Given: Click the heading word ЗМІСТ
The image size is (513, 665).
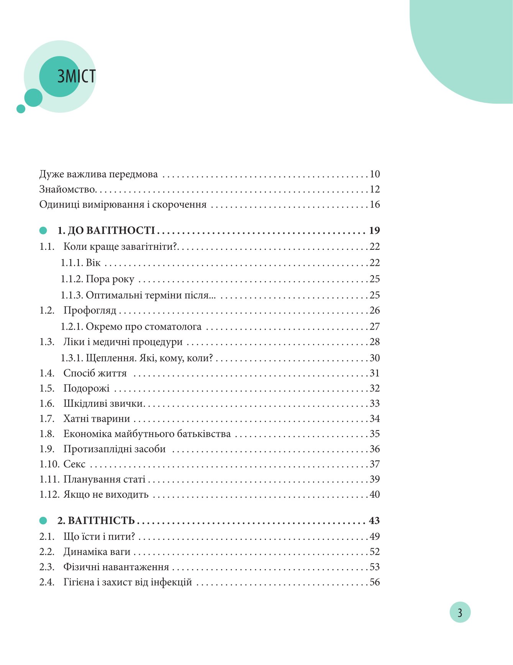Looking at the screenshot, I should point(76,76).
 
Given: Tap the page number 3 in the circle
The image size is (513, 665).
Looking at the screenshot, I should point(460,612).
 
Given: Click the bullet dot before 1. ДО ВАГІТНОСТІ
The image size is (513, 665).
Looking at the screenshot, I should point(43,231).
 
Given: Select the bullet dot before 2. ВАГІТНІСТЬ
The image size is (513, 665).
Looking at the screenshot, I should point(43,521).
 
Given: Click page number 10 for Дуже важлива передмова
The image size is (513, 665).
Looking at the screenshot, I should point(375,174).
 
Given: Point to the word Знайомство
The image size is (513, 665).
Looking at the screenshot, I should point(67,189).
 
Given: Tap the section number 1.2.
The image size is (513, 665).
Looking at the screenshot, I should point(47,310).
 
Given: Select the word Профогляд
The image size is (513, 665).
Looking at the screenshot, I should point(90,310).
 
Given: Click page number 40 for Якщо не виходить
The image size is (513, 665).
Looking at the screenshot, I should point(375,494).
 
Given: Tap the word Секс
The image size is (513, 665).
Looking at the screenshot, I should point(74,464).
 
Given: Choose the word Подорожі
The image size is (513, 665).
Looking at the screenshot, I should point(87,388).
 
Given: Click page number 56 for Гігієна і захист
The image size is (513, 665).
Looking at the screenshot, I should point(375,582).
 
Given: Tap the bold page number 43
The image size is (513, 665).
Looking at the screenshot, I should point(374,521).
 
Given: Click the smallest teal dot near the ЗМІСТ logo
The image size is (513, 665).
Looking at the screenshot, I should point(21,109).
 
